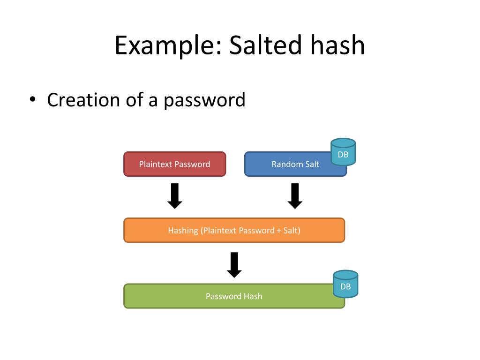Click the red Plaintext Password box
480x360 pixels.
(x=174, y=164)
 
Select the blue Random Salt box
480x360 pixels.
(x=291, y=164)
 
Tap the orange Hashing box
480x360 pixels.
(x=234, y=230)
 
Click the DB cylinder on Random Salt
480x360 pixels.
(x=343, y=152)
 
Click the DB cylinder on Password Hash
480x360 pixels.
(x=345, y=284)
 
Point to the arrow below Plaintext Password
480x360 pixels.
(x=175, y=196)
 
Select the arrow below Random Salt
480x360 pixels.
(x=295, y=196)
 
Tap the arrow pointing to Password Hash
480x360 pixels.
(x=234, y=265)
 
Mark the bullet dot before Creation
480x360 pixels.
(x=32, y=100)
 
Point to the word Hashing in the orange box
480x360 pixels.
(x=183, y=231)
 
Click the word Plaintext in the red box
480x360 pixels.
(x=156, y=164)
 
